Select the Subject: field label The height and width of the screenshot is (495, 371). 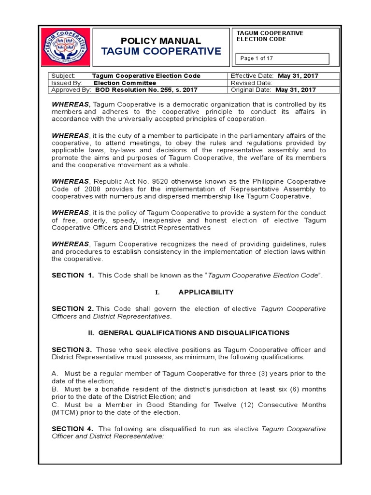(x=63, y=76)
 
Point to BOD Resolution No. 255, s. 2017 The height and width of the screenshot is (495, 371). (x=146, y=89)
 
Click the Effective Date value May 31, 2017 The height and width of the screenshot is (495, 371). (x=298, y=76)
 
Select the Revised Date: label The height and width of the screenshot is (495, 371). (x=252, y=83)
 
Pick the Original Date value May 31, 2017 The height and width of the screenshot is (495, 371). (x=295, y=89)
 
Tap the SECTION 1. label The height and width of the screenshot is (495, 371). (x=72, y=275)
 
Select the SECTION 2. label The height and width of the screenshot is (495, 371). (x=72, y=308)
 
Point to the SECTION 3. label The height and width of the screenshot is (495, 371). (x=71, y=349)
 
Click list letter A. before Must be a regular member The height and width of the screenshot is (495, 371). (x=55, y=373)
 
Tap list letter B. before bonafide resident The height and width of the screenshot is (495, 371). (x=55, y=389)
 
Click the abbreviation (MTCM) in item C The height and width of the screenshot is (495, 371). (x=65, y=412)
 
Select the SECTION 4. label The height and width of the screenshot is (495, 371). (x=72, y=428)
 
